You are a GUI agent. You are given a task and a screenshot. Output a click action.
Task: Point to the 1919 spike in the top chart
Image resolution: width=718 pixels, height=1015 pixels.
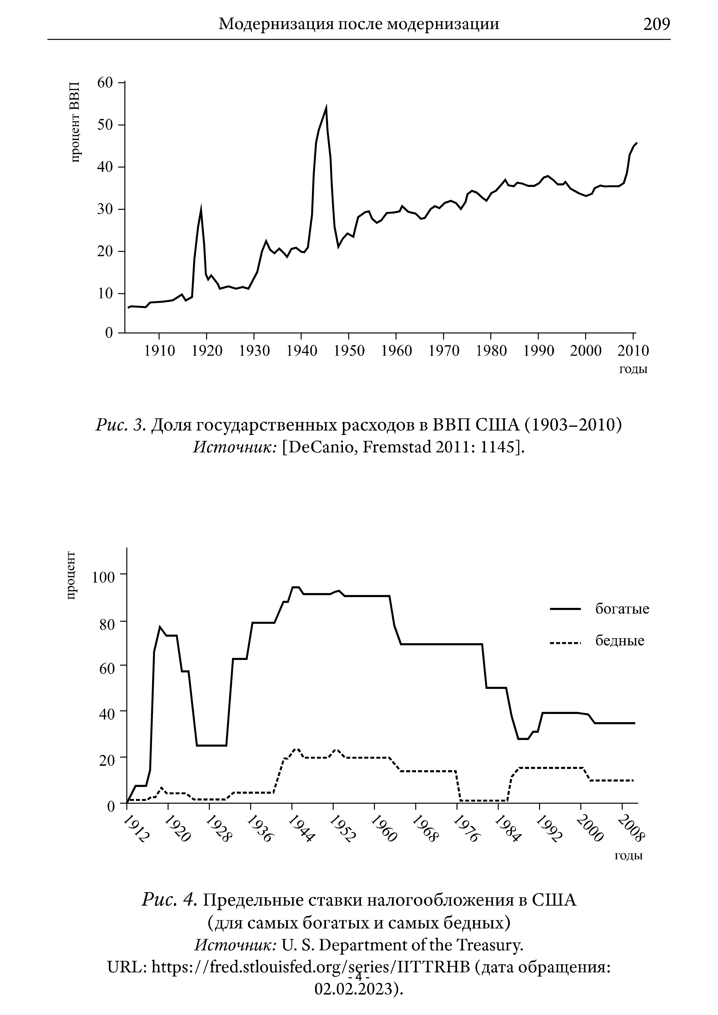pyautogui.click(x=201, y=209)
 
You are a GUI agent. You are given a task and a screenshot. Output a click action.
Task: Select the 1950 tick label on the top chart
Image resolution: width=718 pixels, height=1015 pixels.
pyautogui.click(x=349, y=351)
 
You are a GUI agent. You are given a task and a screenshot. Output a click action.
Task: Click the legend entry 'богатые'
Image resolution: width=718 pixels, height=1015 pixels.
pyautogui.click(x=622, y=609)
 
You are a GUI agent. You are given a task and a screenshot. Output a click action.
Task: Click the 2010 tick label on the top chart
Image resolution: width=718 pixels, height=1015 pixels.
pyautogui.click(x=633, y=351)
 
